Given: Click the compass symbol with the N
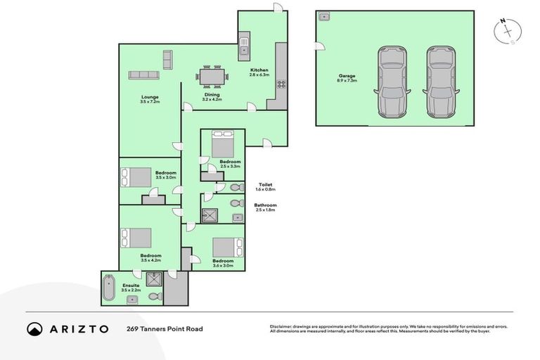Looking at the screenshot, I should point(508,32).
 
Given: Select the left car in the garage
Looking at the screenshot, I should point(391,82).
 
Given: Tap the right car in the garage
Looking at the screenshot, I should point(441,82).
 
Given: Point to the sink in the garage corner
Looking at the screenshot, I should point(326,16).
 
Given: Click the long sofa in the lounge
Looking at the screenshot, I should point(144,75).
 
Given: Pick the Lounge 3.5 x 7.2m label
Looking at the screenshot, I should point(149,99).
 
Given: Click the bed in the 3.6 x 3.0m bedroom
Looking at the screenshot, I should point(226,247).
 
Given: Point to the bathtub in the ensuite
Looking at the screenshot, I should point(108,288).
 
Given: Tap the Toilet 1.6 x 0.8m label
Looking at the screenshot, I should point(266,187).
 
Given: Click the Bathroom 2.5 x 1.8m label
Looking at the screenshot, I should point(266,207).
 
